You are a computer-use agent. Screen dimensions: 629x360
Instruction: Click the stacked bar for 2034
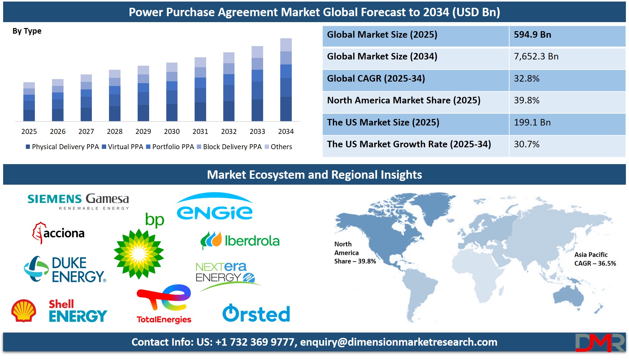(286, 80)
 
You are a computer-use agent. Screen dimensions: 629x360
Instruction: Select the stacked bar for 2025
(29, 102)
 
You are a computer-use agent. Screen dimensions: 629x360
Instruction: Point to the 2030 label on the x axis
(172, 131)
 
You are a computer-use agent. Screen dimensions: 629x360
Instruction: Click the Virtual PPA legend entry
(122, 147)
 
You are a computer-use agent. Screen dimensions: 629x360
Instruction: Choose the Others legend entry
(278, 147)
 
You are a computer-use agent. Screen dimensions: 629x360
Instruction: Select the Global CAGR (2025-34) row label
(376, 78)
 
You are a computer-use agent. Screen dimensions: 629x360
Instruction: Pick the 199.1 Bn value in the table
(532, 122)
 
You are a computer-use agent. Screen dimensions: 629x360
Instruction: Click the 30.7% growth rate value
(527, 144)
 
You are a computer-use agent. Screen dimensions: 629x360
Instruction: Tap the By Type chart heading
(27, 31)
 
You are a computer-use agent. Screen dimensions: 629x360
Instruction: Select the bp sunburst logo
(139, 246)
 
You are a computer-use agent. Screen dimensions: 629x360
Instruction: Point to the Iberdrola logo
(240, 240)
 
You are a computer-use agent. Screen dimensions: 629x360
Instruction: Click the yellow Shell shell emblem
(24, 310)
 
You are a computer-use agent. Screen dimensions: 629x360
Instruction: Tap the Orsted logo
(256, 313)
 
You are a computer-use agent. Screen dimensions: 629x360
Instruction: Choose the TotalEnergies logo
(164, 304)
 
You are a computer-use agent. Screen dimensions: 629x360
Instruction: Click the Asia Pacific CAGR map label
(595, 259)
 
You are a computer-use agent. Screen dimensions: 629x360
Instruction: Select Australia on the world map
(568, 296)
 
